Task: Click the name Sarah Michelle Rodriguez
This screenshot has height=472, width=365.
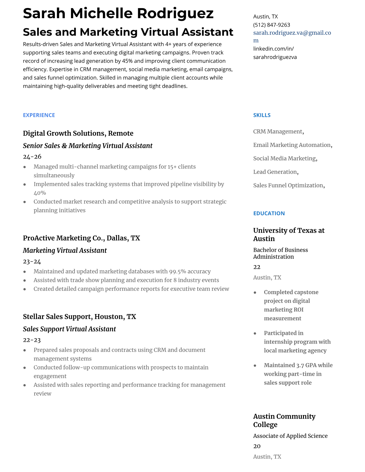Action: point(118,13)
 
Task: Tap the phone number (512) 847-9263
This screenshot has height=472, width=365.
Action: point(271,25)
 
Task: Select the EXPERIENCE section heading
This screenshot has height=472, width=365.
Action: point(39,115)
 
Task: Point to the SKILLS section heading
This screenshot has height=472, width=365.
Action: point(262,115)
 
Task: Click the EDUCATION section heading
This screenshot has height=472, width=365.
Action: point(269,213)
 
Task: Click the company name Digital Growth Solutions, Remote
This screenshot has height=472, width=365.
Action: point(78,133)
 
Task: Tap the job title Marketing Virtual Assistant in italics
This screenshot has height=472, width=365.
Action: point(65,250)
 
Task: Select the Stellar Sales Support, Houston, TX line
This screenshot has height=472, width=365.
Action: point(79,316)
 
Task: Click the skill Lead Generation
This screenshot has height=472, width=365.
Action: point(275,172)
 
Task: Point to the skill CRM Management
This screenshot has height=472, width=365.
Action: point(278,132)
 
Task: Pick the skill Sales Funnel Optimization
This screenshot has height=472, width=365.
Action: point(288,185)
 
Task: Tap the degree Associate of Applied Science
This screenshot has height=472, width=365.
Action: point(290,436)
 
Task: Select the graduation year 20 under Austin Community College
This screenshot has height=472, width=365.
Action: point(257,446)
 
